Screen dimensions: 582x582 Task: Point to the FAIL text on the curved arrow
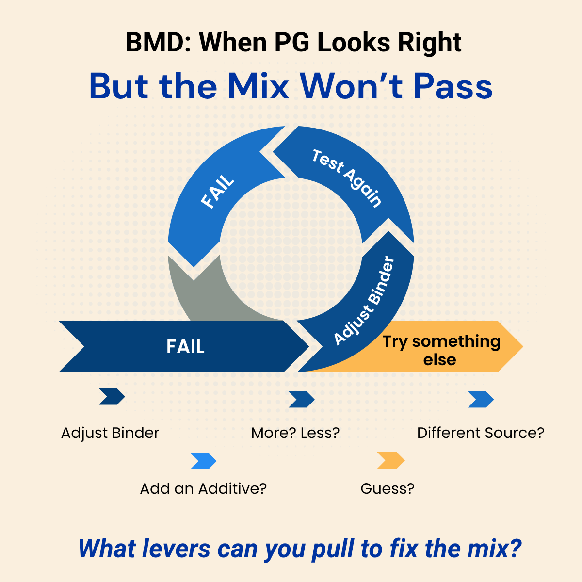click(218, 193)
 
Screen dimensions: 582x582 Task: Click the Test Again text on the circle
click(346, 178)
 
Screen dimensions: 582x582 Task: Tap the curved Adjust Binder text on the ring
click(365, 302)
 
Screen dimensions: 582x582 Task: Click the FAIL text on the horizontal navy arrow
click(185, 347)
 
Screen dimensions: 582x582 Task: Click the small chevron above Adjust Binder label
click(112, 397)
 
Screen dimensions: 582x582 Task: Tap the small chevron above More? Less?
click(302, 400)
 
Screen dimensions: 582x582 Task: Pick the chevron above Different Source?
click(481, 400)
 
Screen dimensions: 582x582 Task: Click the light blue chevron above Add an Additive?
click(203, 461)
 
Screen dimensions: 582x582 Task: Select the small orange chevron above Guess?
click(390, 460)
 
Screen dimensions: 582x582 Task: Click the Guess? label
click(388, 488)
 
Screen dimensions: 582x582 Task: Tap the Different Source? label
click(481, 433)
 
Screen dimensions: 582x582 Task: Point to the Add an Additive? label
click(203, 488)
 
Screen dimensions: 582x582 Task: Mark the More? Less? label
click(295, 433)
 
